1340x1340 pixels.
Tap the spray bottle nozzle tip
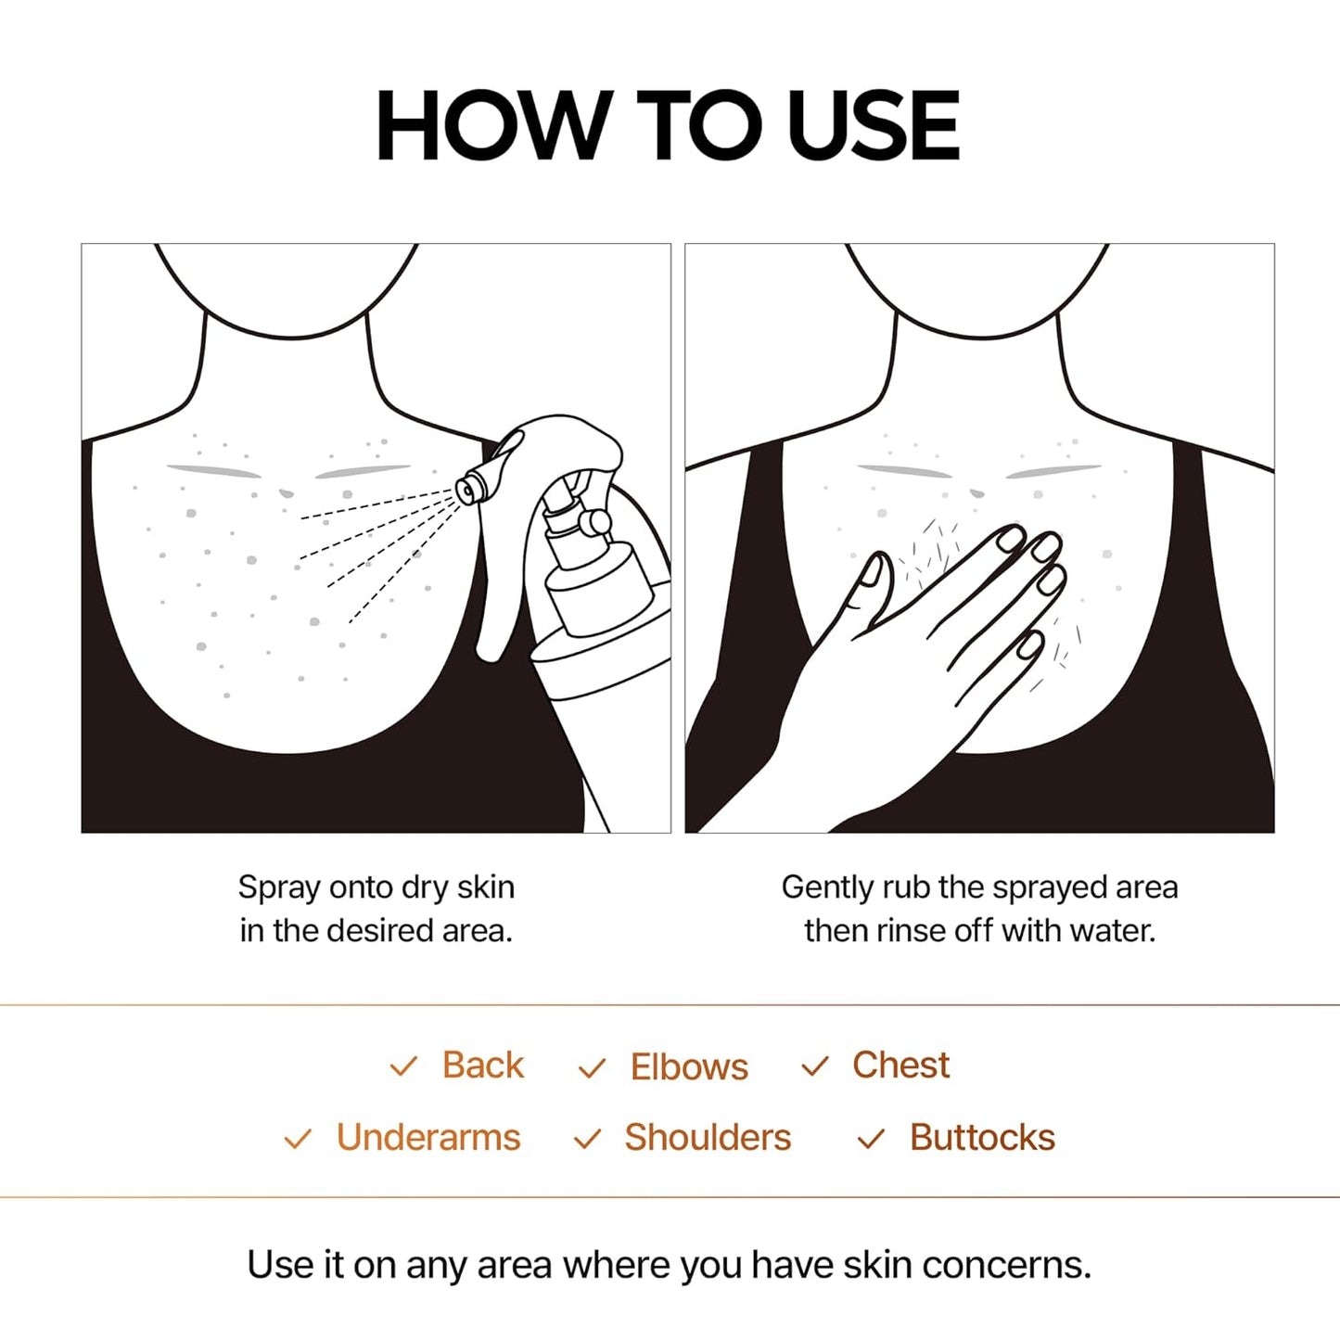click(467, 488)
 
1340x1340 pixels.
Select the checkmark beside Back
click(403, 1066)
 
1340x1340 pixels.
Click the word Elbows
click(689, 1066)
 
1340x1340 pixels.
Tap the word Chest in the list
click(900, 1066)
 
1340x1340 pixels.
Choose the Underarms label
click(428, 1138)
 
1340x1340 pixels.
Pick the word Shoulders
click(708, 1138)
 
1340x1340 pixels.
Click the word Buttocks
click(982, 1138)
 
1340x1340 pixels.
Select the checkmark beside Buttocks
click(871, 1139)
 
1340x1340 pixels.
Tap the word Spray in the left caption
click(268, 888)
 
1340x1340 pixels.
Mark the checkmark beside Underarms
click(298, 1139)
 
